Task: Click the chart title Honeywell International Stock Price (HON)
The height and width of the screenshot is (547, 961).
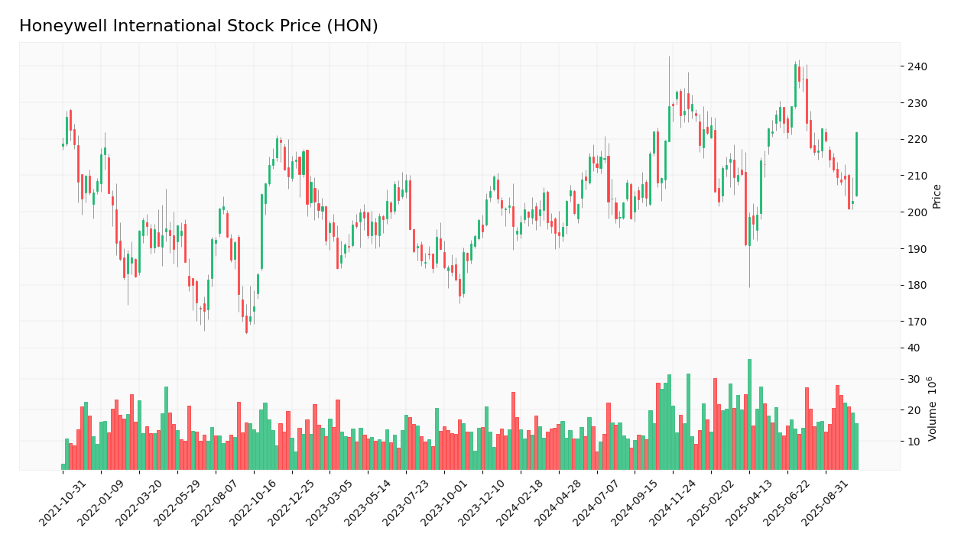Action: [199, 27]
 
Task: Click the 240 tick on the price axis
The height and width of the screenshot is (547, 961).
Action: [917, 66]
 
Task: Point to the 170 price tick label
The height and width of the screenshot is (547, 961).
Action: [917, 322]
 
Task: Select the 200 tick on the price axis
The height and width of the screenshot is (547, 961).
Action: [917, 212]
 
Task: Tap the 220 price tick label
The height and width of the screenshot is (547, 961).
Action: [917, 139]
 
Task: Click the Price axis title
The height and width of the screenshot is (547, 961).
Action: [937, 196]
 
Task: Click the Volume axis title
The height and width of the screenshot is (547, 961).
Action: [933, 408]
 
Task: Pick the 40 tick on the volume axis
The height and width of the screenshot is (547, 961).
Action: [914, 348]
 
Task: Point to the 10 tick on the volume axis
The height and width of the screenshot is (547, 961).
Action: [914, 442]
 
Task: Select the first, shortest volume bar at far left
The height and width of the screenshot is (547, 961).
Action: [63, 467]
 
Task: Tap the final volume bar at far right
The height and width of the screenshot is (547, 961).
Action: [856, 447]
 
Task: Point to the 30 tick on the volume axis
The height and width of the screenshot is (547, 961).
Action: [914, 379]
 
